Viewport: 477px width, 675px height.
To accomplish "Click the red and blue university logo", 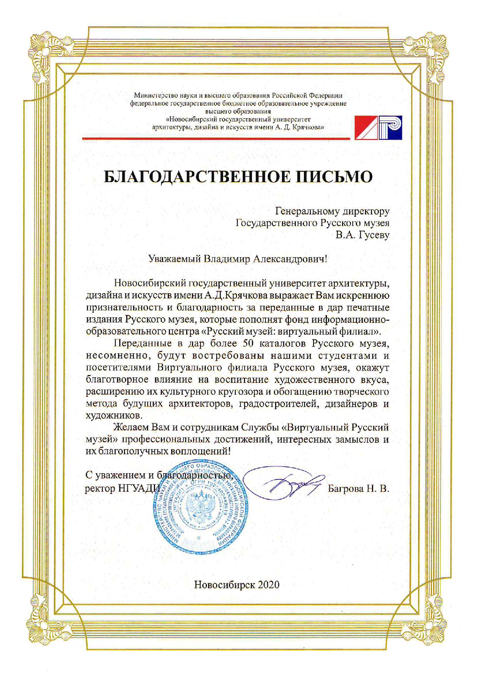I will click(x=379, y=127).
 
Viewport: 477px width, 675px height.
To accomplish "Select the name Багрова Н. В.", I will click(x=358, y=489).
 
